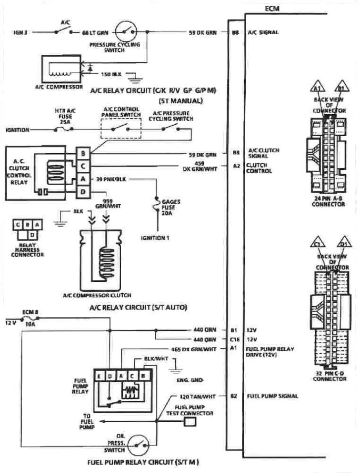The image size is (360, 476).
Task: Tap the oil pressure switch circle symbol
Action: coord(138,445)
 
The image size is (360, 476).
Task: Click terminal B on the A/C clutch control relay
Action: coord(83,154)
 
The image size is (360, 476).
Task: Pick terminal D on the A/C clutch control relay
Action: coord(83,192)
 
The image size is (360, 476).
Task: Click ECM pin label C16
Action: coord(233,340)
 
